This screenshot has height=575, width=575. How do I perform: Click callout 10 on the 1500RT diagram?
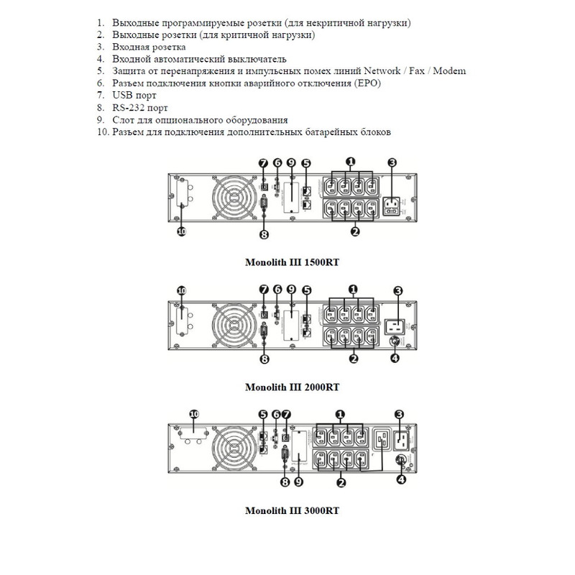[x=182, y=232]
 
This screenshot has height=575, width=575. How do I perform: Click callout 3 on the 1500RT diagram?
[x=392, y=163]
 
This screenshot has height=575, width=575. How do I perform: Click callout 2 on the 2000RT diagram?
[x=354, y=358]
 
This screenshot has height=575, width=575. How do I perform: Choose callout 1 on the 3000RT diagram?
[x=341, y=414]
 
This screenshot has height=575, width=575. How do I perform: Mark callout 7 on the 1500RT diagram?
[x=264, y=163]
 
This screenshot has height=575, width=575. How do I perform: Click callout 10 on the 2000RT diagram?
[x=182, y=290]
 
